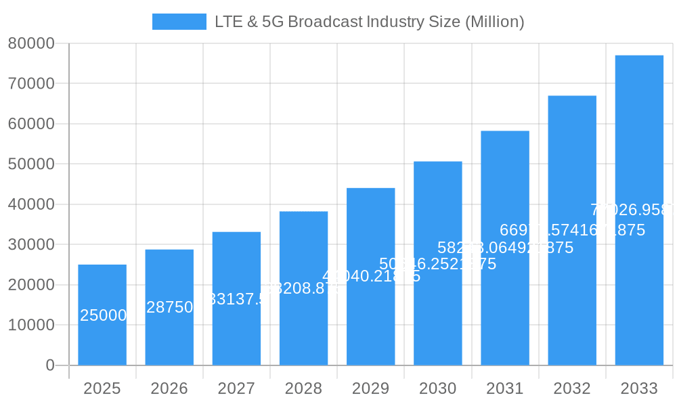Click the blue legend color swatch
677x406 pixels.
(179, 22)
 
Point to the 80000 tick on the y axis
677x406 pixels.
(31, 43)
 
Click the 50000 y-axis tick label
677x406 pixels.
(31, 164)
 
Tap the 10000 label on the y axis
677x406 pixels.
(31, 325)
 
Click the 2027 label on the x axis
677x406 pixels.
(236, 388)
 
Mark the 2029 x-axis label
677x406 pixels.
(370, 388)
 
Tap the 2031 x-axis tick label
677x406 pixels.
(505, 388)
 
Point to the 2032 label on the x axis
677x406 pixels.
(572, 388)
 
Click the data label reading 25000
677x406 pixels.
(103, 315)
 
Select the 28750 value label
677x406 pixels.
(170, 307)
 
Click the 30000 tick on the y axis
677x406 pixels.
(31, 245)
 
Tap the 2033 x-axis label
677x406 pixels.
(639, 388)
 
